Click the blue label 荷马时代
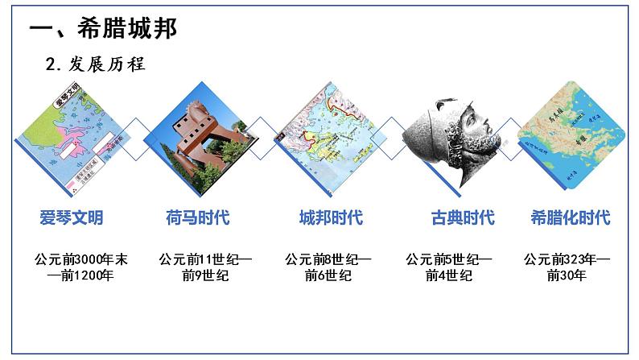point(197,217)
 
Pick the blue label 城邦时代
point(330,217)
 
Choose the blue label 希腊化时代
point(571,217)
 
